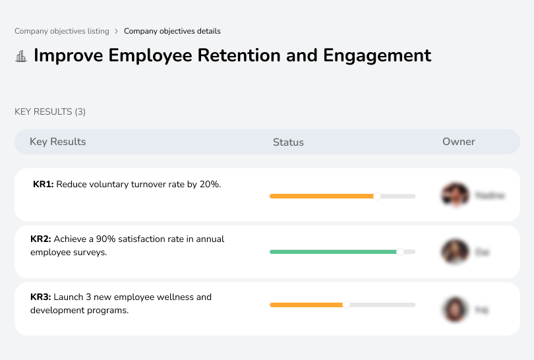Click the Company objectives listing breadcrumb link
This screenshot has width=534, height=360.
pos(62,31)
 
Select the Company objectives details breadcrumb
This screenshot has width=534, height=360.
pos(172,31)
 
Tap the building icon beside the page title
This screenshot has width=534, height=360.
pos(21,56)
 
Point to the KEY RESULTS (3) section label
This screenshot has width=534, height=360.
pos(50,111)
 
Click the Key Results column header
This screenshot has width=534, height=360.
pos(57,142)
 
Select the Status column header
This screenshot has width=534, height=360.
pos(288,142)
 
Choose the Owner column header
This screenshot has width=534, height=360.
pos(458,142)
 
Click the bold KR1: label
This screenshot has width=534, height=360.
pos(44,185)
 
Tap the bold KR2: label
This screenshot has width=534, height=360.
pos(41,239)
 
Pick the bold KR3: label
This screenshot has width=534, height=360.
pos(41,297)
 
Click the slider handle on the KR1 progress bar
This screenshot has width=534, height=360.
pos(377,196)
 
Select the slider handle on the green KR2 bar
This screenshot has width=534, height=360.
pos(400,251)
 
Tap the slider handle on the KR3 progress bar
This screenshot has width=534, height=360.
pos(346,305)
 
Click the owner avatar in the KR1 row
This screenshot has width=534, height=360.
pos(455,195)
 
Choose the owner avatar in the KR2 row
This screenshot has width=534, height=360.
pos(455,251)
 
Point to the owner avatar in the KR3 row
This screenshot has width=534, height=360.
pos(455,309)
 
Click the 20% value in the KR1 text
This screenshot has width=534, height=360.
pos(210,185)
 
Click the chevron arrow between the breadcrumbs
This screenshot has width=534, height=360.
pos(117,31)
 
